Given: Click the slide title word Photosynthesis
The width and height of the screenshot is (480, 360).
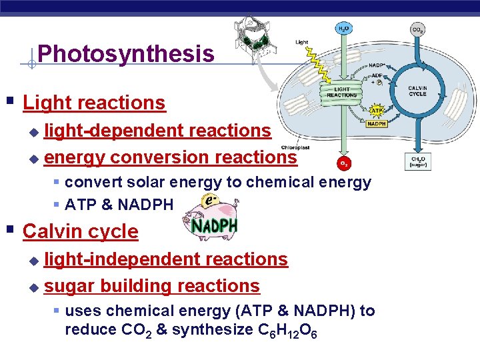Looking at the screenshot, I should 126,53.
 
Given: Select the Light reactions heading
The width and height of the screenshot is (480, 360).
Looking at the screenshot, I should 94,103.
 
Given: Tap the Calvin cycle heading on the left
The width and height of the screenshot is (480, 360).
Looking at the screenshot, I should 81,231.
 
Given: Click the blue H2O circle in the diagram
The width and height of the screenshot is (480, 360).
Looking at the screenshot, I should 343,29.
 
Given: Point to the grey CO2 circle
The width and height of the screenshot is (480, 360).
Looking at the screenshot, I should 418,29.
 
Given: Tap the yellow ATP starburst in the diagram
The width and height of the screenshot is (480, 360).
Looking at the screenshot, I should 376,111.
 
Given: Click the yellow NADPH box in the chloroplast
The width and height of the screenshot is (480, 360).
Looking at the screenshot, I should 377,124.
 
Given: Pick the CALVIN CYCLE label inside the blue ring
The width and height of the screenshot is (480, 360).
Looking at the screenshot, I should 417,91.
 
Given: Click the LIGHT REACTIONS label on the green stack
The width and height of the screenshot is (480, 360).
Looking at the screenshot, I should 342,92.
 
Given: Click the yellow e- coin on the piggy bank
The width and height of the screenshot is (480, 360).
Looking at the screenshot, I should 209,201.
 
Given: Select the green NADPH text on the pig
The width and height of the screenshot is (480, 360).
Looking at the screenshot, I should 215,227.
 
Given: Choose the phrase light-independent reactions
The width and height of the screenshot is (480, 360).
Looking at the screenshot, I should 166,259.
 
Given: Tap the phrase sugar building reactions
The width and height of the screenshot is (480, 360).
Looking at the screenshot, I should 152,286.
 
